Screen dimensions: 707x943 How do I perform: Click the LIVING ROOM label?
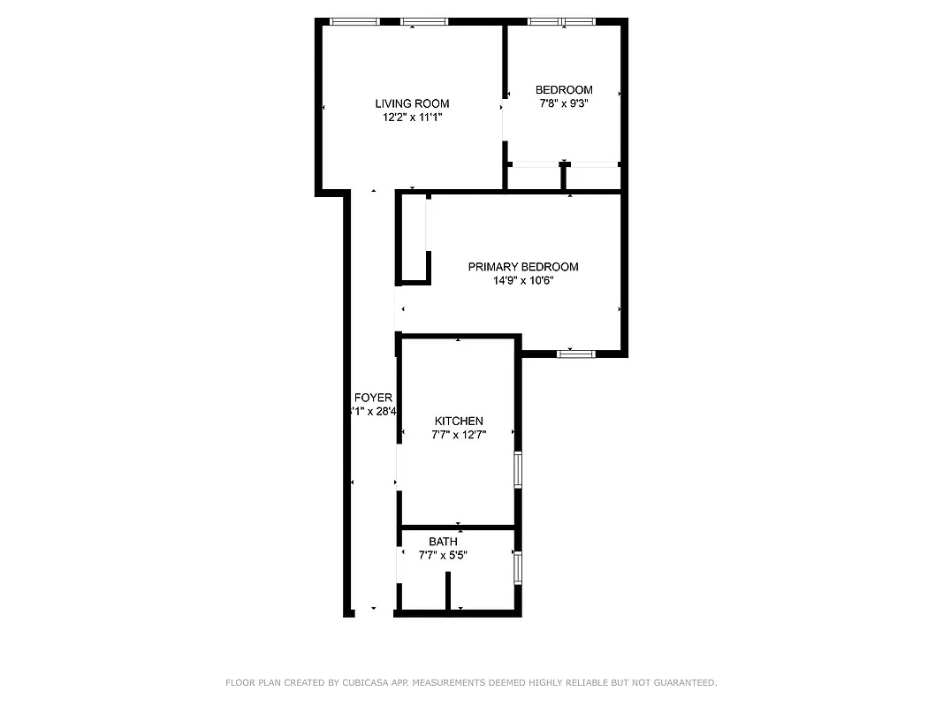coord(412,103)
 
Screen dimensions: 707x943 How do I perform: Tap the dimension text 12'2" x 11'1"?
coord(412,117)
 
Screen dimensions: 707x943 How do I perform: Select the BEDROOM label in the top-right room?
coord(564,89)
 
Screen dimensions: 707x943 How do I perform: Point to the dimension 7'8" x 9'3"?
coord(564,103)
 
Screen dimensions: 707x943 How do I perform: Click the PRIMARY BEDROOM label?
coord(523,267)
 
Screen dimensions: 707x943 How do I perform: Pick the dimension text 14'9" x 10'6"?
coord(523,281)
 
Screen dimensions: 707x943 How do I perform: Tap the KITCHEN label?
coord(459,421)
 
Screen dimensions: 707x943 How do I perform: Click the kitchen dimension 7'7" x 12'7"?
coord(459,435)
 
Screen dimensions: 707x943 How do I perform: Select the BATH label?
coord(443,542)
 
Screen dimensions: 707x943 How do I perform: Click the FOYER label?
coord(373,398)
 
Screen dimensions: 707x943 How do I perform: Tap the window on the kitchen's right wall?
coord(519,469)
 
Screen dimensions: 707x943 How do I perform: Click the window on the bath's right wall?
coord(518,566)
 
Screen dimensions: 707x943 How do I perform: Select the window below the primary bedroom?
coord(576,353)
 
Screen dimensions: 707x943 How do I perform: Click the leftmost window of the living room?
coord(355,21)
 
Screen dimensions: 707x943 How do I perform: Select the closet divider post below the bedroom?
coord(563,176)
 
